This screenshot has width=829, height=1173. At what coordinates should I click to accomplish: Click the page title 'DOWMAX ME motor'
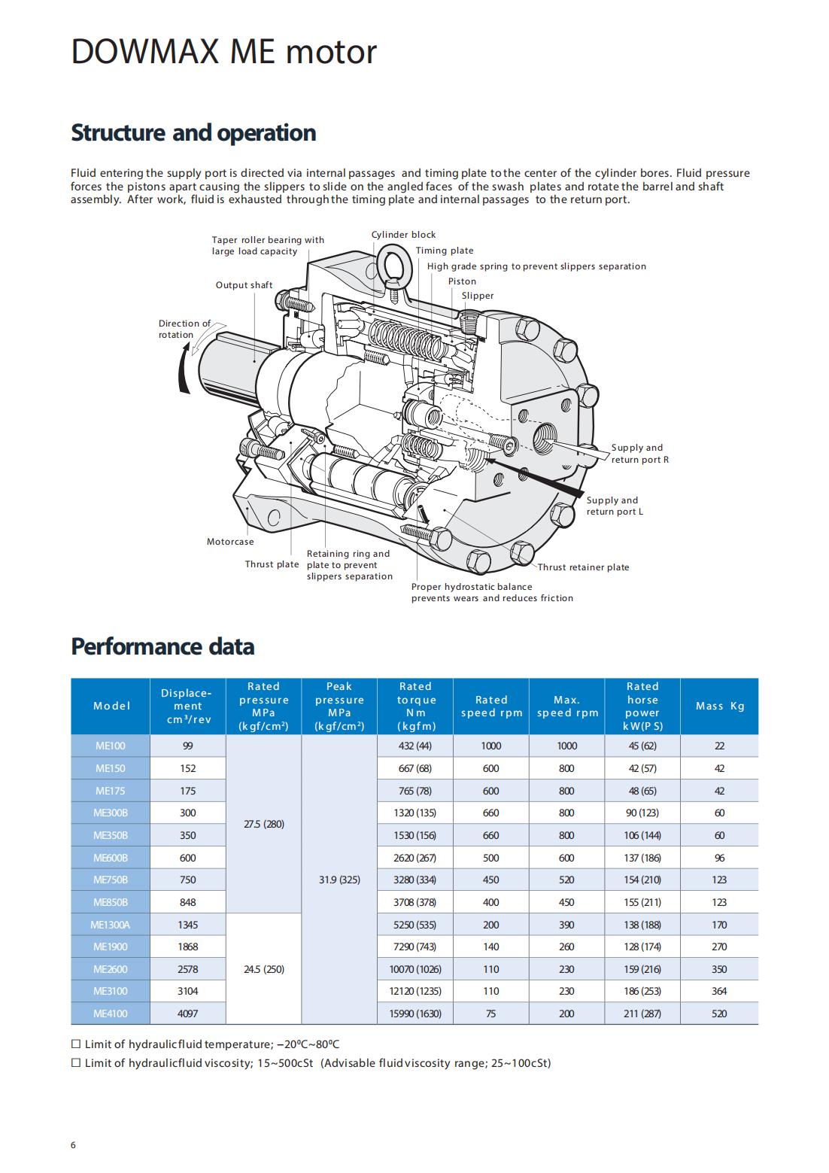(x=223, y=52)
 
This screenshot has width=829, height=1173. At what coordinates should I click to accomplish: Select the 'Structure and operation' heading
(x=193, y=132)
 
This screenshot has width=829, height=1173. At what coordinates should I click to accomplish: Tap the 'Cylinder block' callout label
(x=403, y=235)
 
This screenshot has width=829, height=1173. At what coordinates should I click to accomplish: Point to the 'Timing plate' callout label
(x=444, y=251)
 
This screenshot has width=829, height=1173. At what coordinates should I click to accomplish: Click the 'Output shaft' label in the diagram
(x=244, y=285)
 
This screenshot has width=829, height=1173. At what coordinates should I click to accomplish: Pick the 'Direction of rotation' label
(x=184, y=329)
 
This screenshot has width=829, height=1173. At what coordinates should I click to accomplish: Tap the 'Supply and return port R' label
(x=640, y=454)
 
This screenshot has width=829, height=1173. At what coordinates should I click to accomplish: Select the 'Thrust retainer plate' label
(x=583, y=567)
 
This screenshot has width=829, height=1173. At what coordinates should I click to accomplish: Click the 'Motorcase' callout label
(x=230, y=542)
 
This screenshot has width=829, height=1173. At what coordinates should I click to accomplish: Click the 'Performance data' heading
(x=162, y=646)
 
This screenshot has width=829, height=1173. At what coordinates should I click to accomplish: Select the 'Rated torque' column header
(x=415, y=706)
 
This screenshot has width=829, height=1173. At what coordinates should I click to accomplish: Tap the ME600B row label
(x=111, y=858)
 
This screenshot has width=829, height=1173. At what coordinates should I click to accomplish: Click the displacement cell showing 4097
(x=187, y=1013)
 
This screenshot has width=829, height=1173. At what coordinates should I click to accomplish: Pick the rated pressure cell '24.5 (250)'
(x=264, y=969)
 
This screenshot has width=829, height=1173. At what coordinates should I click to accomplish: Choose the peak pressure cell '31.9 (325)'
(x=339, y=880)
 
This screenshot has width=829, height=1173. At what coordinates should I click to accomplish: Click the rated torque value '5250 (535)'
(x=414, y=925)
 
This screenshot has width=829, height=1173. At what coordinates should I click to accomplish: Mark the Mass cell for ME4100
(x=719, y=1013)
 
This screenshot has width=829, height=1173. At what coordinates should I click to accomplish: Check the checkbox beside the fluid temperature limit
(x=76, y=1044)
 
